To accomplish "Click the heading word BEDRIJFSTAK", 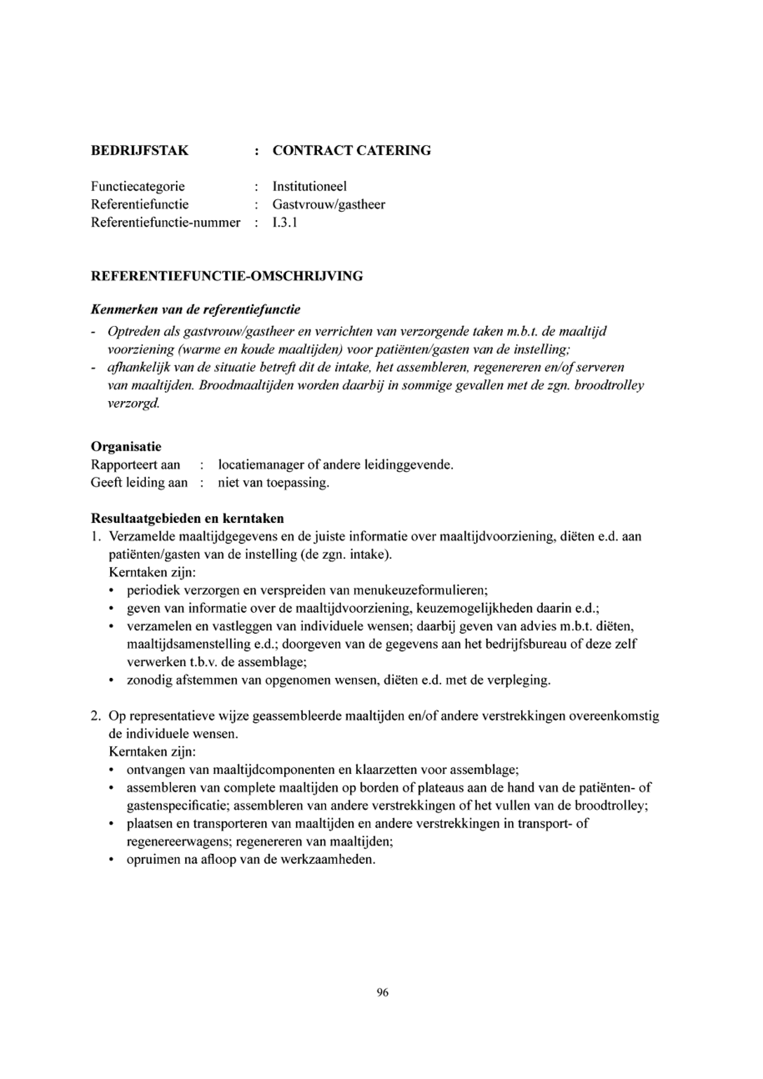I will click(140, 151).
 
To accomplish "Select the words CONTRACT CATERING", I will click(351, 151).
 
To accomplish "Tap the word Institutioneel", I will click(310, 186).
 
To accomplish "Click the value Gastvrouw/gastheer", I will click(329, 204).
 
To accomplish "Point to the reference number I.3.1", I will click(285, 222).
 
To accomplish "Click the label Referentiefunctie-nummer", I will click(166, 222).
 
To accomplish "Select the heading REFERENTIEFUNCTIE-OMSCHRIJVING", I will click(227, 276).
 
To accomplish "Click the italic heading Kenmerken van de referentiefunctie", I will click(196, 310).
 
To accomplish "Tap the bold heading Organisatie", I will click(126, 446).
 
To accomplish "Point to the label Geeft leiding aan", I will click(139, 483).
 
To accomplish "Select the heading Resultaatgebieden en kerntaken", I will click(188, 518).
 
